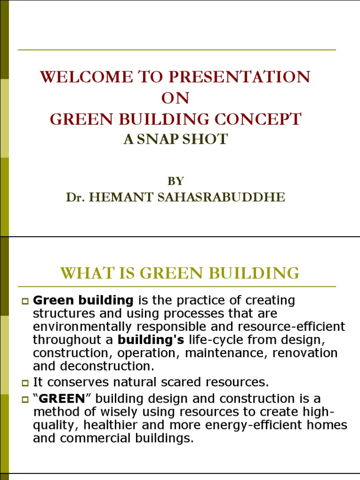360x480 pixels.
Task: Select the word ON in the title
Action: (x=175, y=98)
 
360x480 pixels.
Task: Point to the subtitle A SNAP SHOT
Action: (x=175, y=139)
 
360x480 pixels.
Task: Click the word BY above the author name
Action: (x=175, y=181)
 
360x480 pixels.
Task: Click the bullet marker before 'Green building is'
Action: (x=26, y=300)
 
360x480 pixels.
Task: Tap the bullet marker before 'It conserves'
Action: (x=26, y=382)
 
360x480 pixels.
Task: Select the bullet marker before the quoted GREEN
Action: (x=26, y=399)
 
